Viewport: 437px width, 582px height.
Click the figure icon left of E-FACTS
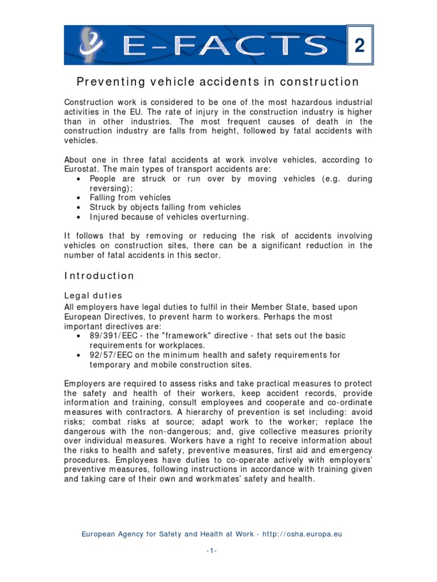tap(93, 45)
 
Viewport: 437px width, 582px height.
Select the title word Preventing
tap(109, 82)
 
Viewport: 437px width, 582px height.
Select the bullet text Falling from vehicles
tap(130, 197)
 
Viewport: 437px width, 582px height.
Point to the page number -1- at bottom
tap(212, 552)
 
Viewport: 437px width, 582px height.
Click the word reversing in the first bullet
tap(109, 188)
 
